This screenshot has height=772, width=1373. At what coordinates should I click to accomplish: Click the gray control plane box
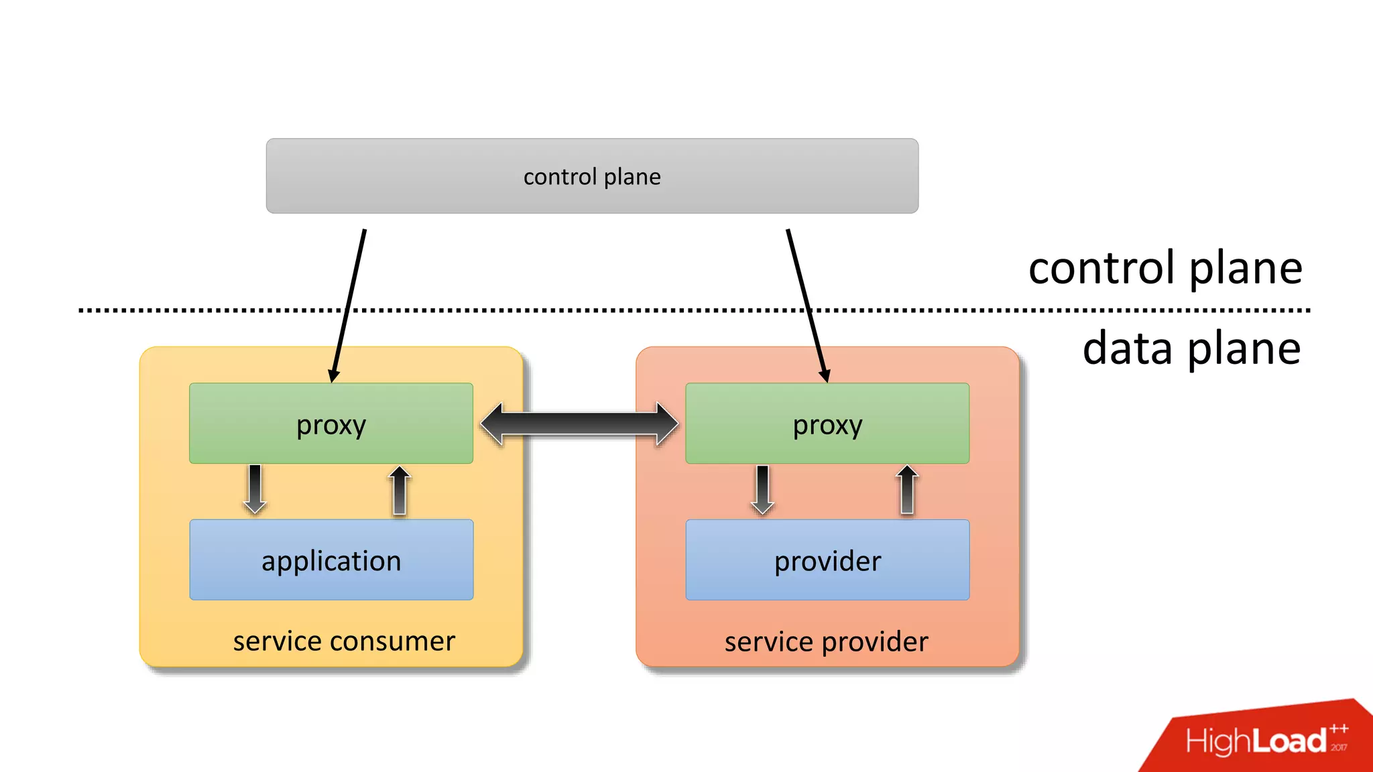tap(592, 176)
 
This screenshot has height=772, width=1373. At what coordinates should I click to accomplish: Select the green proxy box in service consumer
tap(331, 424)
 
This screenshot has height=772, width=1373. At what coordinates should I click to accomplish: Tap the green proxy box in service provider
tap(827, 424)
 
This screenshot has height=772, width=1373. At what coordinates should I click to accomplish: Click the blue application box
tap(331, 560)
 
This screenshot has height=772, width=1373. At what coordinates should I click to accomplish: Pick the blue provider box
tap(827, 560)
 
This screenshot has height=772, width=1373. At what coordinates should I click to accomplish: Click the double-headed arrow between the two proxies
tap(579, 424)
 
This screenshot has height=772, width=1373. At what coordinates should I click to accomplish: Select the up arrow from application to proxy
tap(400, 491)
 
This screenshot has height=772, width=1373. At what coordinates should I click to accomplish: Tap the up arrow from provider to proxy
tap(907, 491)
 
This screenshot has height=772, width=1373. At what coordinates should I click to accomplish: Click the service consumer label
tap(344, 641)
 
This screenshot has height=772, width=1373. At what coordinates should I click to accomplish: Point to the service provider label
tap(827, 642)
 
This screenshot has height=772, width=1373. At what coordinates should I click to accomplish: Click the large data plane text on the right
tap(1191, 348)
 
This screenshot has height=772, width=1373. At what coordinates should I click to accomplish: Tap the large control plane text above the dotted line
tap(1165, 268)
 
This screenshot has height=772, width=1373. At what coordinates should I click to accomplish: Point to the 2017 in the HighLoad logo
tap(1339, 747)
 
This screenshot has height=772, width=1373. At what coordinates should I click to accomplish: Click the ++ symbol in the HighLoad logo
tap(1339, 728)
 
